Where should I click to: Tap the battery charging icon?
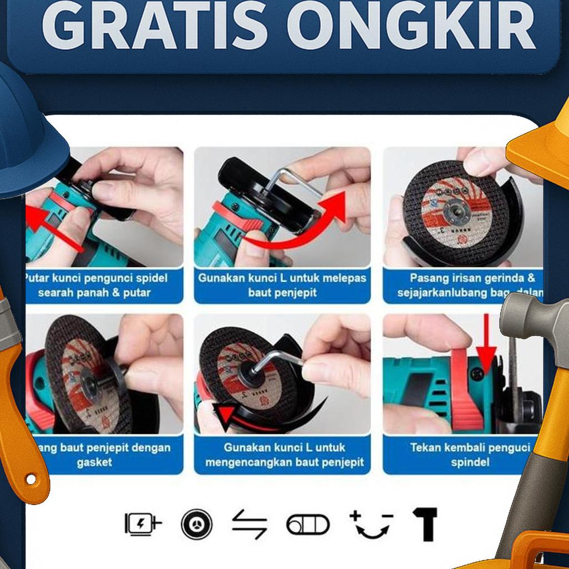(x=143, y=523)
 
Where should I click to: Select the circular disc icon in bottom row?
(x=197, y=523)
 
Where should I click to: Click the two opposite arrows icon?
(x=249, y=524)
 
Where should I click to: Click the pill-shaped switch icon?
(x=308, y=524)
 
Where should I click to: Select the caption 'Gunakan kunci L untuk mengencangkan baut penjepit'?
(x=284, y=454)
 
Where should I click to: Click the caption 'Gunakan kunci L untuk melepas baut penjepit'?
(x=282, y=284)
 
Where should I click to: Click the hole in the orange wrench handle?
(x=31, y=479)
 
